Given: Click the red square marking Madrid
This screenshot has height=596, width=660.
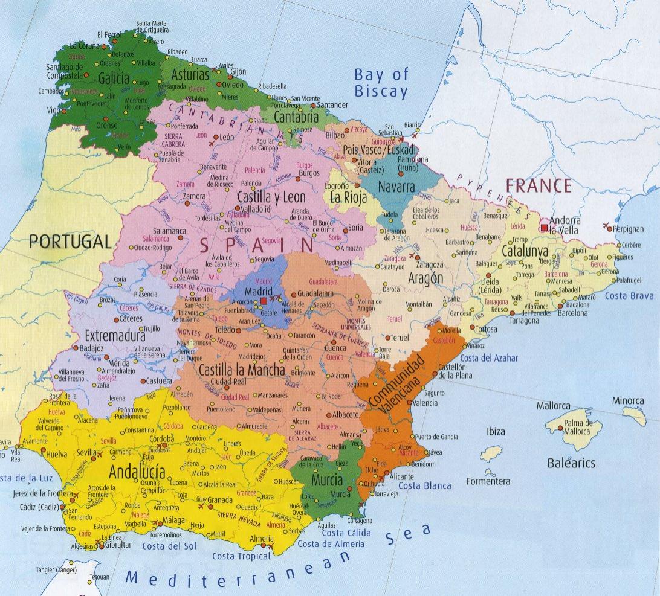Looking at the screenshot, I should pyautogui.click(x=264, y=301).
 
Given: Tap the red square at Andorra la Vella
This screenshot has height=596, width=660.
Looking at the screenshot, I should pyautogui.click(x=545, y=228).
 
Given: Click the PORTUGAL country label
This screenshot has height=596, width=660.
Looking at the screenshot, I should pyautogui.click(x=70, y=242).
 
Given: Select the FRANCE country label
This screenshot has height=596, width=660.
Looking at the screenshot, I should pyautogui.click(x=538, y=185).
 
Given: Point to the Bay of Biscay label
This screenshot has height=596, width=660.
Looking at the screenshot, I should pyautogui.click(x=381, y=83).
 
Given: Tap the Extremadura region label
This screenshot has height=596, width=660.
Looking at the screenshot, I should pyautogui.click(x=115, y=335).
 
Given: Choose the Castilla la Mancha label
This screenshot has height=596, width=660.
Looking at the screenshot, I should pyautogui.click(x=242, y=370).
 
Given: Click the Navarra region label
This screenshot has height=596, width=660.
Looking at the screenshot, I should pyautogui.click(x=396, y=187).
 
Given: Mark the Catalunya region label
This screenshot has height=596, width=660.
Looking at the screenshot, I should pyautogui.click(x=525, y=251).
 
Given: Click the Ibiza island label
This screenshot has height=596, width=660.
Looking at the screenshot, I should pyautogui.click(x=495, y=431).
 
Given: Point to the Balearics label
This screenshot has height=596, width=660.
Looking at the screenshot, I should pyautogui.click(x=571, y=463).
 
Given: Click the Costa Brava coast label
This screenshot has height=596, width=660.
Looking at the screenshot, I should pyautogui.click(x=629, y=296).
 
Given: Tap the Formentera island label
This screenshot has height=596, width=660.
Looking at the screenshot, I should pyautogui.click(x=488, y=482).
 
